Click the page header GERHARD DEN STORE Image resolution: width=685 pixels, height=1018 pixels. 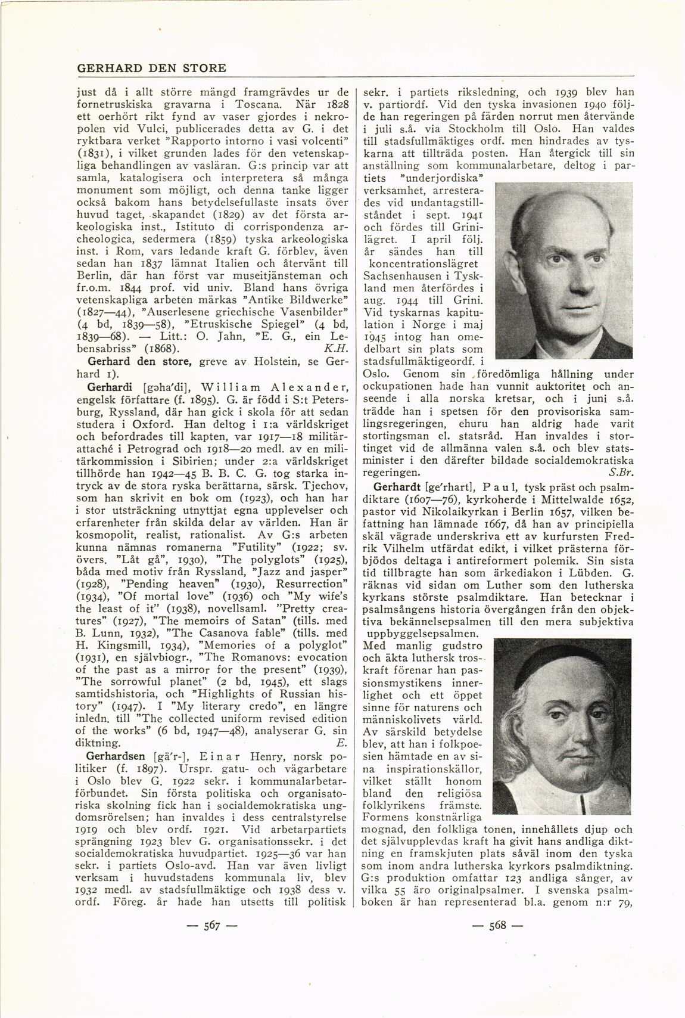point(151,68)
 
